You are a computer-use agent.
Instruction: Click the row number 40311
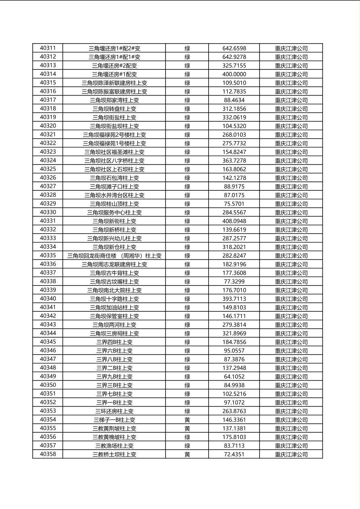pos(48,48)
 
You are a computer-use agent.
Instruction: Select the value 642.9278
pos(234,57)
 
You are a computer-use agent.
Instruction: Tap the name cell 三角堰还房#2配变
pos(114,66)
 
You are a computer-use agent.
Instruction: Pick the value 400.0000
pos(234,74)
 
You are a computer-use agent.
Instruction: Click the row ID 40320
pos(48,126)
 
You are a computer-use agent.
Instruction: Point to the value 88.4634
pos(234,100)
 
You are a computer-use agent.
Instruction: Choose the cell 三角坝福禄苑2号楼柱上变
pos(114,135)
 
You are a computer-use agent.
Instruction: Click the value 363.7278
pos(234,161)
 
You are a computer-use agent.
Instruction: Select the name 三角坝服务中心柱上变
pos(114,213)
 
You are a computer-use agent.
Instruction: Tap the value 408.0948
pos(234,221)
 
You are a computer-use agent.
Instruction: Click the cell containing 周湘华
pos(114,256)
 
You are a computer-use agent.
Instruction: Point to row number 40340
pos(48,299)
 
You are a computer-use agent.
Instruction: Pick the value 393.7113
pos(234,299)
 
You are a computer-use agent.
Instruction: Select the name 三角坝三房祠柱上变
pos(114,334)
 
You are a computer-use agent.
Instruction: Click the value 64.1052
pos(234,377)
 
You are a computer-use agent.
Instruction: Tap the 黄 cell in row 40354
pos(187,420)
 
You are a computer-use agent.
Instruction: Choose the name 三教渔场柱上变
pos(114,446)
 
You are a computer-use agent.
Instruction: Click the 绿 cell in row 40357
pos(187,446)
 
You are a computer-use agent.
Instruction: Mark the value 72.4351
pos(234,455)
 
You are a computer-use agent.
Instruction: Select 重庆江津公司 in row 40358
pos(291,455)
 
